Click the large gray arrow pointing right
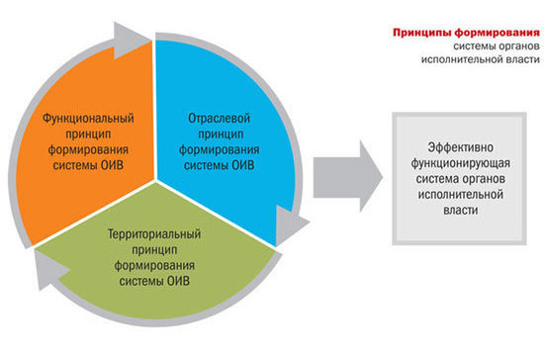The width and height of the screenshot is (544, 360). pos(346,176)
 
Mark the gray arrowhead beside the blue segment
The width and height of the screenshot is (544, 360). pos(287,228)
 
